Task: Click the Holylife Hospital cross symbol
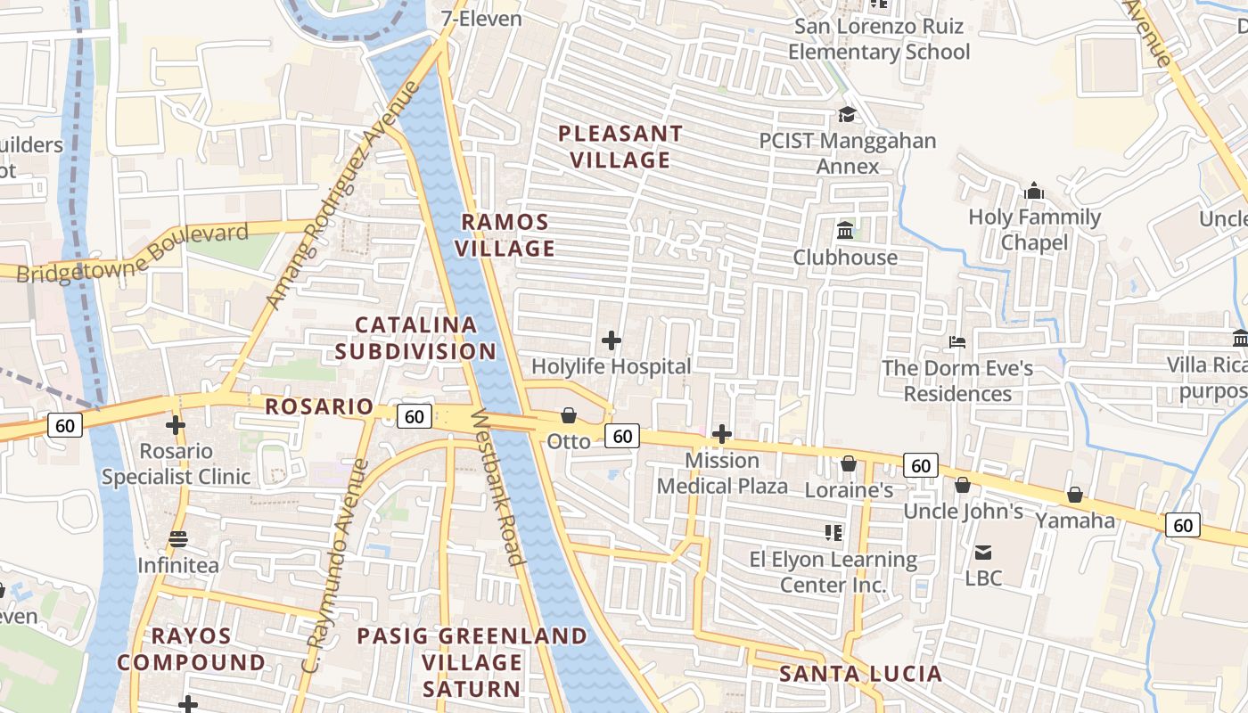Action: tap(612, 340)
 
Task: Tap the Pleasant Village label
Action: tap(620, 147)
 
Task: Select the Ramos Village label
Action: tap(505, 235)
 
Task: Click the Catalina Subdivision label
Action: tap(415, 338)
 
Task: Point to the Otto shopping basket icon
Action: tap(569, 415)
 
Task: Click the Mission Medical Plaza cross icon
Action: tap(722, 435)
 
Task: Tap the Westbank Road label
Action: tap(497, 487)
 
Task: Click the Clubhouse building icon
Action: tap(845, 231)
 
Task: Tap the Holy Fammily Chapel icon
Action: tap(1034, 191)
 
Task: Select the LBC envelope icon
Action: tap(983, 553)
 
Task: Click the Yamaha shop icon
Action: tap(1075, 495)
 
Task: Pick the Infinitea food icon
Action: tap(177, 539)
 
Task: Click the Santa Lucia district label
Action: tap(860, 674)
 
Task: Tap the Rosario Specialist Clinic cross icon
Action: tap(176, 425)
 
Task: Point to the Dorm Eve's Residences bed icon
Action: tap(957, 342)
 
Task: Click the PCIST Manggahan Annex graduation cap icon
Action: tap(846, 115)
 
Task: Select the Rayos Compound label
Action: tap(191, 649)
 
